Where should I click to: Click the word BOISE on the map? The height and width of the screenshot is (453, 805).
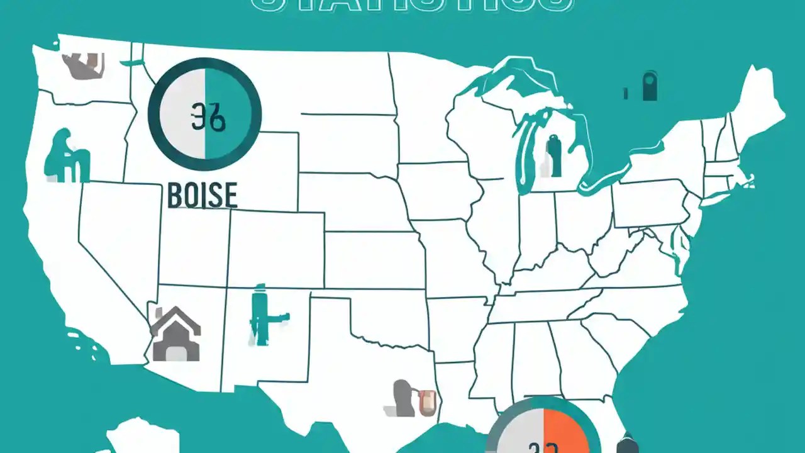point(203,195)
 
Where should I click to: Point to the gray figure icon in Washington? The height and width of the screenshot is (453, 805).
point(82,65)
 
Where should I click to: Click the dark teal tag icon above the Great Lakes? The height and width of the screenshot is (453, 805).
point(650,87)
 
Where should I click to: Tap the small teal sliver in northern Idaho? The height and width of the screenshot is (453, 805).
point(134,62)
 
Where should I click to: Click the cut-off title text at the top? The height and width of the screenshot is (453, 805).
point(412,5)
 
